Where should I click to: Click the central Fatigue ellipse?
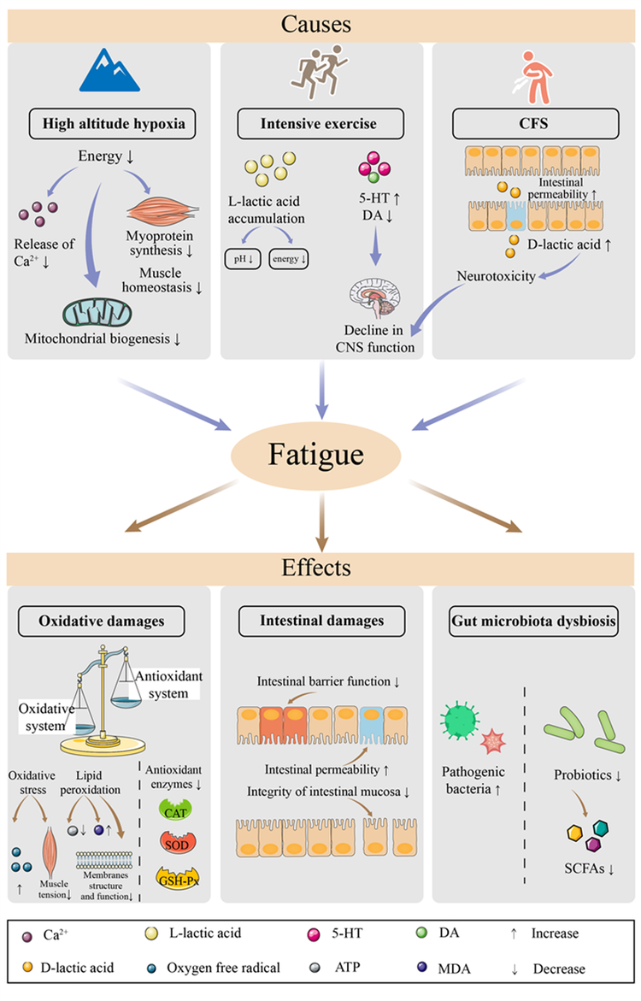click(x=315, y=455)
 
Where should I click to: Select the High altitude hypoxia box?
click(x=112, y=124)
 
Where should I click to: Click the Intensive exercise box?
click(x=320, y=124)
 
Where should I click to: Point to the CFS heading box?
click(x=535, y=124)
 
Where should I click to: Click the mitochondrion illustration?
click(x=97, y=313)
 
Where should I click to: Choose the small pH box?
click(x=243, y=258)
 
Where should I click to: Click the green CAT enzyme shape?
click(x=175, y=811)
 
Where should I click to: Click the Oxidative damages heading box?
click(x=102, y=621)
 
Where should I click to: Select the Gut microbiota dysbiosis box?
click(x=534, y=621)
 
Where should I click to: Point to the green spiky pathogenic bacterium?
click(x=460, y=720)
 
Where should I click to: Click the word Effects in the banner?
click(x=316, y=568)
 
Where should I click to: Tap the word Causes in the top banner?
click(x=316, y=24)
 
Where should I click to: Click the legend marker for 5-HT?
click(x=314, y=934)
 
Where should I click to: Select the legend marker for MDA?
click(x=422, y=967)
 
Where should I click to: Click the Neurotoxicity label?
click(x=496, y=276)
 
